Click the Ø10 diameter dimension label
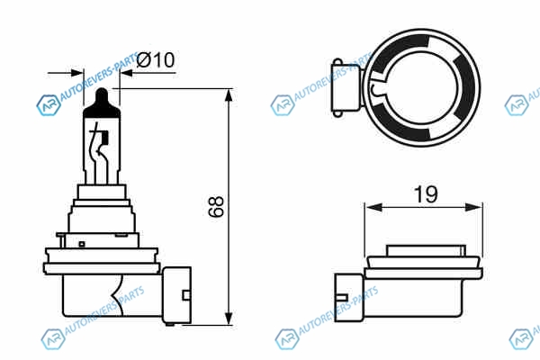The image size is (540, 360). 156,60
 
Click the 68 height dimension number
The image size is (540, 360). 216,207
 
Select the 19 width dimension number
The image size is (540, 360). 426,194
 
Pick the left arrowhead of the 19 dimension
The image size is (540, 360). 373,207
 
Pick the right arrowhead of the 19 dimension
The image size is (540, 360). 474,207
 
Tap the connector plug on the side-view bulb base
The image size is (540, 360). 176,295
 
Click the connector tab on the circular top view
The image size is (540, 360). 346,89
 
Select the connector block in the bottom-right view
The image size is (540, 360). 348,298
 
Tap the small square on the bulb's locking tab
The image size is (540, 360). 82,244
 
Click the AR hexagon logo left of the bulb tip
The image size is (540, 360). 49,105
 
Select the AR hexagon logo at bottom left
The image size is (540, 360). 53,339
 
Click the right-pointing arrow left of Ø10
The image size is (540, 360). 66,73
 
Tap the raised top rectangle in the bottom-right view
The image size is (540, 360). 426,250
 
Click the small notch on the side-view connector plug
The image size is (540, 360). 186,295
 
